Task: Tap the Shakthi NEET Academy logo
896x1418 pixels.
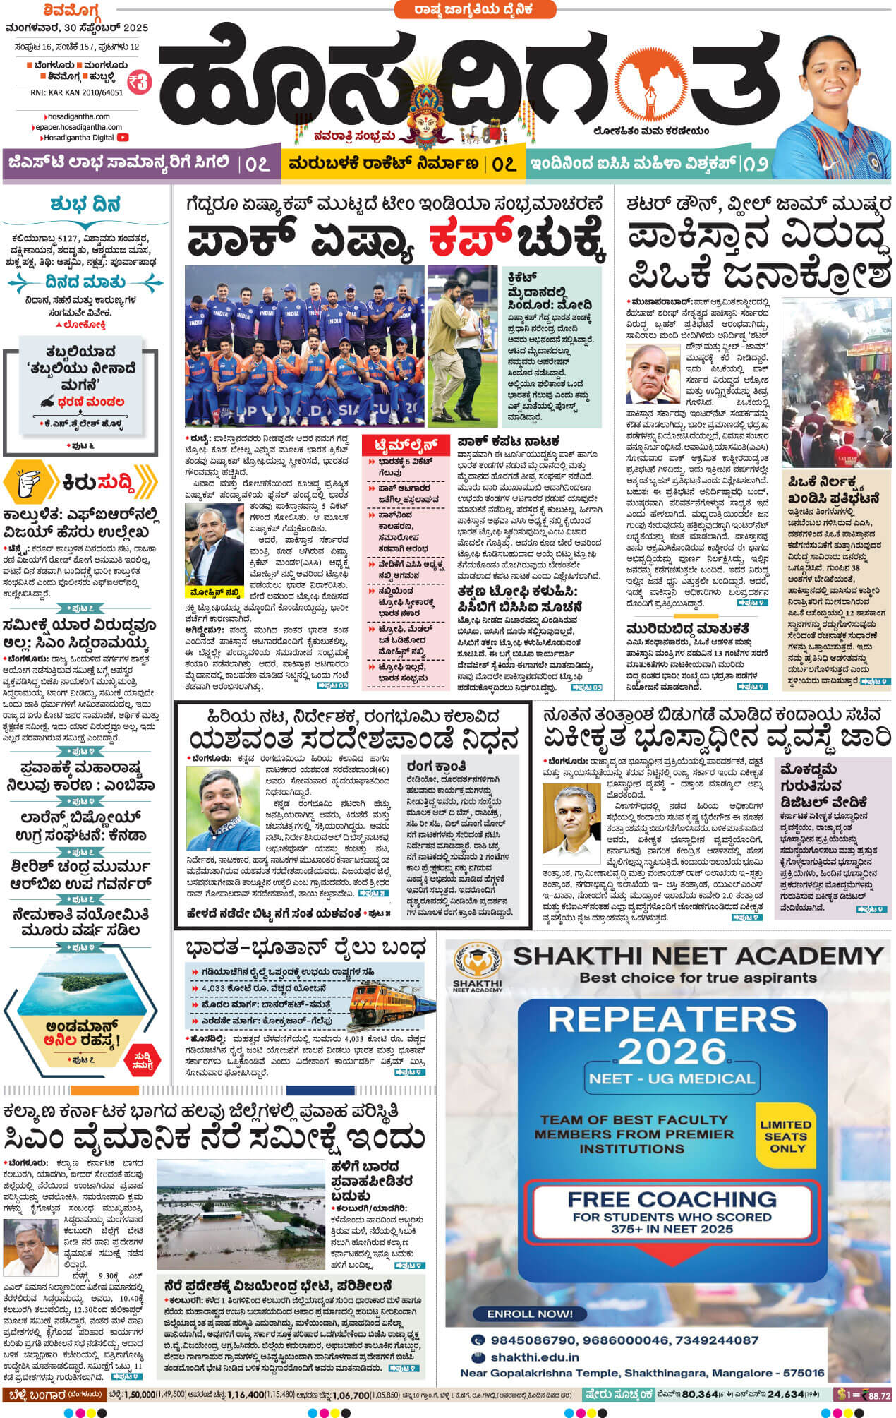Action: pyautogui.click(x=477, y=966)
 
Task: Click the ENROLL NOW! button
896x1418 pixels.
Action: pyautogui.click(x=530, y=1314)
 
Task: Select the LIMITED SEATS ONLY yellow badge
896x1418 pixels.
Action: pyautogui.click(x=785, y=1136)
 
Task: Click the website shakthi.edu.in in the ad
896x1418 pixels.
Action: pyautogui.click(x=535, y=1357)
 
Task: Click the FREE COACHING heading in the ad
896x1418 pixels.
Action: pyautogui.click(x=671, y=1199)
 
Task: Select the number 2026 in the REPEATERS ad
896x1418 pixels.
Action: pyautogui.click(x=672, y=1052)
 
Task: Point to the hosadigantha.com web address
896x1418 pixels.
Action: pyautogui.click(x=78, y=116)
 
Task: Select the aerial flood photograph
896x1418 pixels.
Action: pyautogui.click(x=240, y=1214)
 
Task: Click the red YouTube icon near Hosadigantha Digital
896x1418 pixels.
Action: pyautogui.click(x=123, y=138)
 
